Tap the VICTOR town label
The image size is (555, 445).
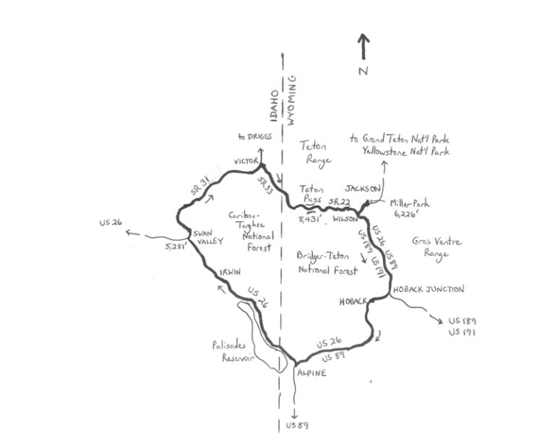tap(246, 161)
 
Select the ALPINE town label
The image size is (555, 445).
tap(312, 373)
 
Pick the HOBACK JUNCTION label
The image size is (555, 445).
tap(428, 289)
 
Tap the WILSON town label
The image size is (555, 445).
tap(346, 217)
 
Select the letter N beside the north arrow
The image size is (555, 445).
tap(363, 70)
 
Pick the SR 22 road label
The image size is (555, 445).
tap(338, 202)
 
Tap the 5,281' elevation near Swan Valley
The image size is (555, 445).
tap(176, 248)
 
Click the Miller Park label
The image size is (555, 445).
tap(407, 207)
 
